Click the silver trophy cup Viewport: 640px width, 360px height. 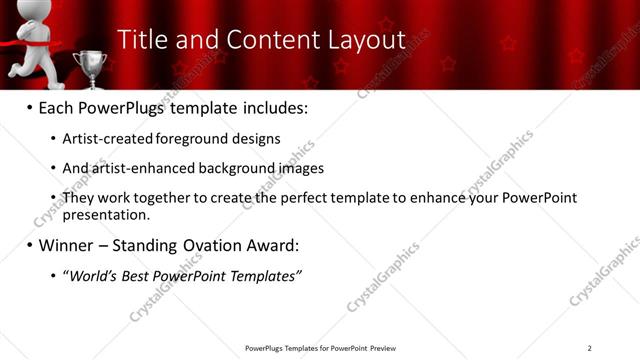(90, 66)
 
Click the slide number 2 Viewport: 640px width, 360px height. (589, 348)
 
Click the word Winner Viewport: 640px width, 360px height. (68, 245)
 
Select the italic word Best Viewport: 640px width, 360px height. (143, 275)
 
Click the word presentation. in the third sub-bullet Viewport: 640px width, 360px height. (106, 214)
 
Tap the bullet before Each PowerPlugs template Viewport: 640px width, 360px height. (30, 107)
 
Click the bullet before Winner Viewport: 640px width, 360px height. (30, 245)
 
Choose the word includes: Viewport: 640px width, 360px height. (272, 107)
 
